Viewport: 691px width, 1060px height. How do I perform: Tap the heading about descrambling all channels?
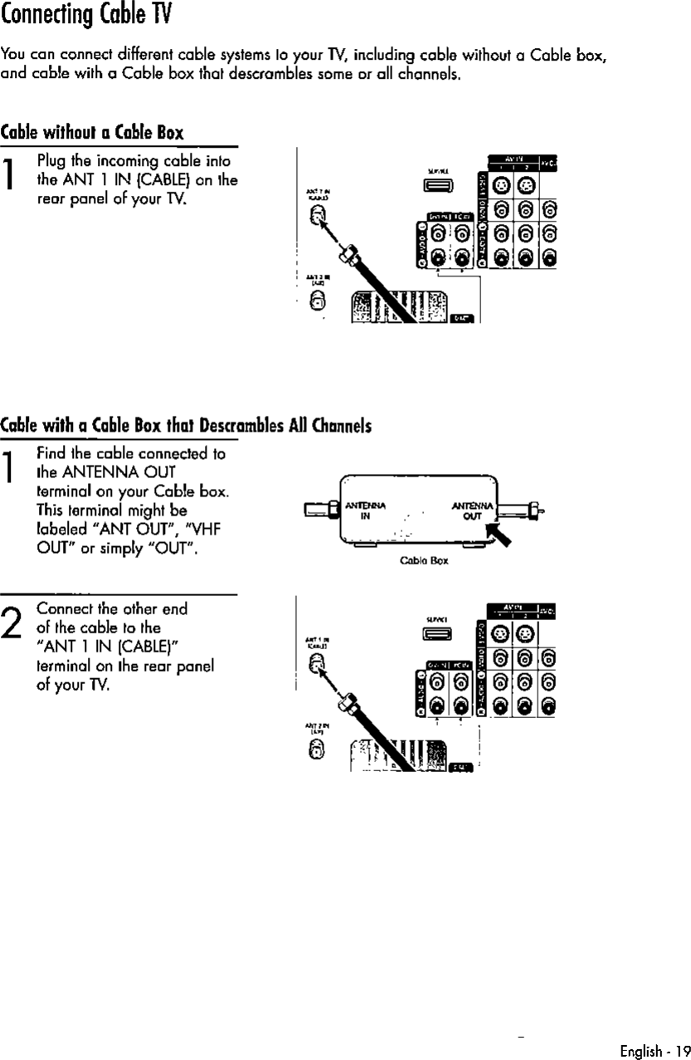[185, 426]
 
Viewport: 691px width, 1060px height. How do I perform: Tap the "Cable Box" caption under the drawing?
[430, 560]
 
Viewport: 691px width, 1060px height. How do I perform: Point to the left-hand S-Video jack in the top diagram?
[502, 184]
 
